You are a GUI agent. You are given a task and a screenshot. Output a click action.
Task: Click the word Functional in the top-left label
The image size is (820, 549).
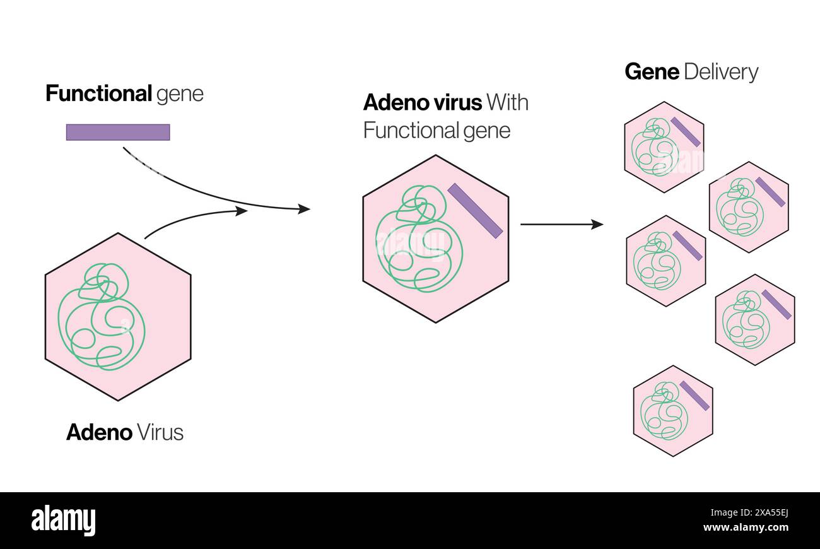98,93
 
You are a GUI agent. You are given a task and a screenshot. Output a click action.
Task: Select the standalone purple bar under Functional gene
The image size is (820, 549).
118,132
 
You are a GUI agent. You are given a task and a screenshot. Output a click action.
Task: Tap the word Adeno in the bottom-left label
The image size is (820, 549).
99,432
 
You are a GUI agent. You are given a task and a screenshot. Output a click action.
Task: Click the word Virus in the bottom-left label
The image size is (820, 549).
160,432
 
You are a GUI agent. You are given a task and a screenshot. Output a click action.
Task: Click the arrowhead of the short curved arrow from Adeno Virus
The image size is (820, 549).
242,211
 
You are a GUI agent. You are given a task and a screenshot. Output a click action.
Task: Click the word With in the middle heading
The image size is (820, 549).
508,102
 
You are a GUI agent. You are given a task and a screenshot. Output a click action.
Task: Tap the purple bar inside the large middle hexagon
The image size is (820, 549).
475,211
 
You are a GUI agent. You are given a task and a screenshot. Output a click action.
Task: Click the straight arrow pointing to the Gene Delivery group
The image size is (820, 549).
561,224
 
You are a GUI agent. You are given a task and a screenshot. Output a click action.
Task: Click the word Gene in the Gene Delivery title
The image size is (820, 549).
652,72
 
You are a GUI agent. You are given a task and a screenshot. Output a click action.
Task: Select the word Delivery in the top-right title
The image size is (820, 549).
720,72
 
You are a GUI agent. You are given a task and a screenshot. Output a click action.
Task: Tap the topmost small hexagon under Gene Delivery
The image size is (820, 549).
664,147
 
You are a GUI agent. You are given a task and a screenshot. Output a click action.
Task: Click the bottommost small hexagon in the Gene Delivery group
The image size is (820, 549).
672,411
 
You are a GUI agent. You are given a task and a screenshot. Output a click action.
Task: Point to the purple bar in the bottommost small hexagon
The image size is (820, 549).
694,396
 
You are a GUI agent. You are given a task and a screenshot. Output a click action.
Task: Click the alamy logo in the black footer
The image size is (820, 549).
63,521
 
